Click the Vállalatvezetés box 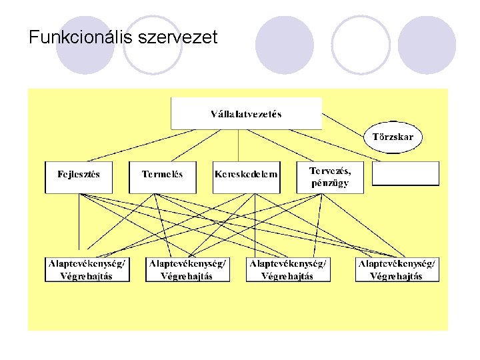[x=246, y=113]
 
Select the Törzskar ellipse [x=393, y=137]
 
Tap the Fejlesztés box [x=79, y=175]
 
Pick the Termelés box [x=162, y=175]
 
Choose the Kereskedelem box [x=246, y=175]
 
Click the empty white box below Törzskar [x=405, y=174]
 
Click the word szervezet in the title [x=177, y=37]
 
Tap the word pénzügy [x=329, y=183]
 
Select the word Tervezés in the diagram [x=329, y=171]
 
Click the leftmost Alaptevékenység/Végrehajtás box [x=87, y=269]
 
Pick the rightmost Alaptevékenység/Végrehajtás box [x=397, y=269]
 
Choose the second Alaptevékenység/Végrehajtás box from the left [x=187, y=269]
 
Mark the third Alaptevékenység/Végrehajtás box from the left [x=287, y=269]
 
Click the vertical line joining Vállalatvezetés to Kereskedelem [x=239, y=145]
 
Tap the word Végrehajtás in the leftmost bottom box [x=87, y=276]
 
